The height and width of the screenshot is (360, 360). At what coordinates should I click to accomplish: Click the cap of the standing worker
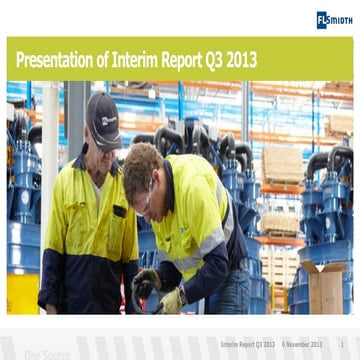pyautogui.click(x=103, y=106)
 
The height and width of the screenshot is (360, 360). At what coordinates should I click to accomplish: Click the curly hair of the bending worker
pyautogui.click(x=143, y=161)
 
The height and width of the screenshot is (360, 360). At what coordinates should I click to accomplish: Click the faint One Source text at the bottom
pyautogui.click(x=47, y=354)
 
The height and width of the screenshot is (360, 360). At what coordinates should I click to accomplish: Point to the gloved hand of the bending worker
pyautogui.click(x=171, y=299)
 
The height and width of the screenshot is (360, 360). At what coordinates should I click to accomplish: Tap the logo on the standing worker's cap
pyautogui.click(x=107, y=118)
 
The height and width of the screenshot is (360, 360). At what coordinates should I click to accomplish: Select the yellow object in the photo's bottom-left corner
pyautogui.click(x=21, y=294)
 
